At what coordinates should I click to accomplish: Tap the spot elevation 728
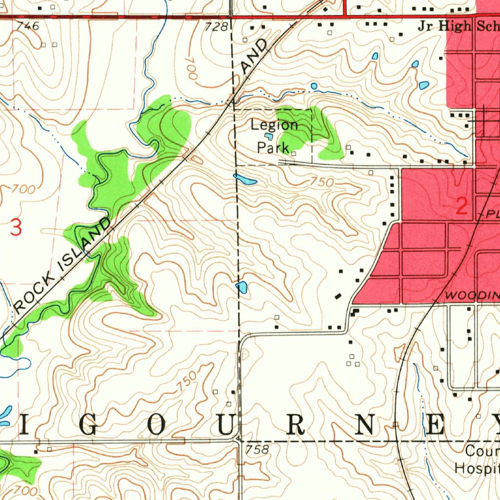pos(216,27)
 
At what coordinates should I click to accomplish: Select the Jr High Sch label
pos(458,26)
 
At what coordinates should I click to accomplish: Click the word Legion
pos(274,125)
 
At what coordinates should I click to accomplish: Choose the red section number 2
pos(461,207)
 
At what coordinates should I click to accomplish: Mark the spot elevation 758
pos(258,449)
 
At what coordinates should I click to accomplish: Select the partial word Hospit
pos(477,468)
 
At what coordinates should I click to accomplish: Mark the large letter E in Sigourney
pos(434,426)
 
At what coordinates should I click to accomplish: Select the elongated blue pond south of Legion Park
pos(245,179)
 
